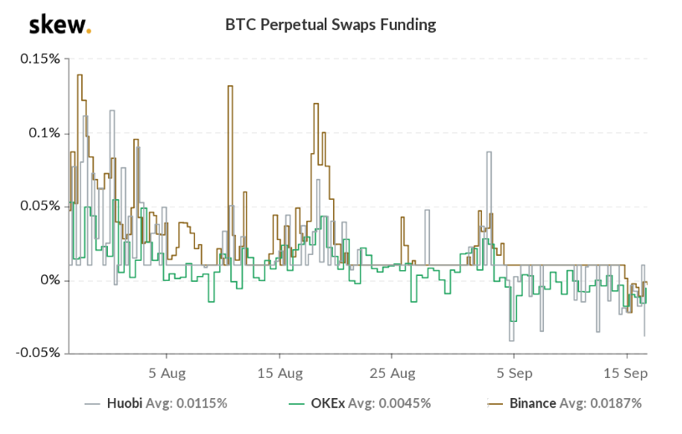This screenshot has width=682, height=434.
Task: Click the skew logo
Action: (59, 24)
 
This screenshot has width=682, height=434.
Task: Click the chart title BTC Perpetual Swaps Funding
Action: (331, 24)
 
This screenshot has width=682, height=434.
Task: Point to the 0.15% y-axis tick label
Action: (39, 59)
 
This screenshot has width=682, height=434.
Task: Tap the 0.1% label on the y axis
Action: (43, 133)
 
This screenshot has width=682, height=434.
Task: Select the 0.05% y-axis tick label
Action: (39, 207)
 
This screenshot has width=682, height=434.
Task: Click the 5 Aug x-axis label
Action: (167, 372)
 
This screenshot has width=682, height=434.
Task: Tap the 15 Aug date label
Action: (279, 372)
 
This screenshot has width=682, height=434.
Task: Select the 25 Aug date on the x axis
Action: (392, 372)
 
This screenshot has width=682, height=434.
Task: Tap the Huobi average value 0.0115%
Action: (200, 403)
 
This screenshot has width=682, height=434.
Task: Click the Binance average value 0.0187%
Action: (614, 403)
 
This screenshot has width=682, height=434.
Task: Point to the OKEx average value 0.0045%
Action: (404, 403)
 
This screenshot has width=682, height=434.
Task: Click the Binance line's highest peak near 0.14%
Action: (79, 76)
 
